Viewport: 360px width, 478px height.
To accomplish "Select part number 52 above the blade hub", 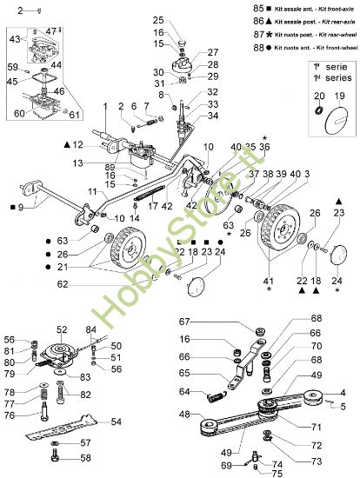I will pos(62,330).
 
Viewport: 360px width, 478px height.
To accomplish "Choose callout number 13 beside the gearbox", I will pos(103,163).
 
